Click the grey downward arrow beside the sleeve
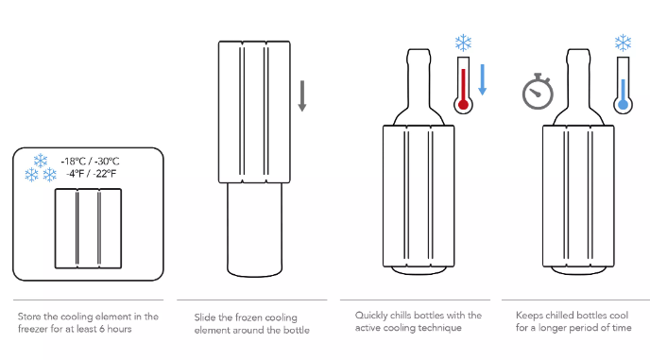[x=302, y=95]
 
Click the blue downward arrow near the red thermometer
[x=482, y=79]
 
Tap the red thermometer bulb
[x=464, y=104]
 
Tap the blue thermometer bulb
[x=623, y=104]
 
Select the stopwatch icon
[x=538, y=92]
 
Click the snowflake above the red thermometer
[x=464, y=43]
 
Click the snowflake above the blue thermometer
[x=623, y=43]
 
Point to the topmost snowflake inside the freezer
[x=41, y=160]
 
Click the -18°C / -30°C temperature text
[x=90, y=162]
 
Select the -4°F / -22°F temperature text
[x=92, y=174]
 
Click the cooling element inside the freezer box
[x=88, y=229]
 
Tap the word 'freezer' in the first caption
[x=33, y=329]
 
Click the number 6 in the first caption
[x=102, y=329]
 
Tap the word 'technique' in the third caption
[x=439, y=328]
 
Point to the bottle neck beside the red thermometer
[x=419, y=78]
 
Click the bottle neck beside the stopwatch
[x=578, y=78]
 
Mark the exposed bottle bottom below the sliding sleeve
[x=254, y=230]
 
